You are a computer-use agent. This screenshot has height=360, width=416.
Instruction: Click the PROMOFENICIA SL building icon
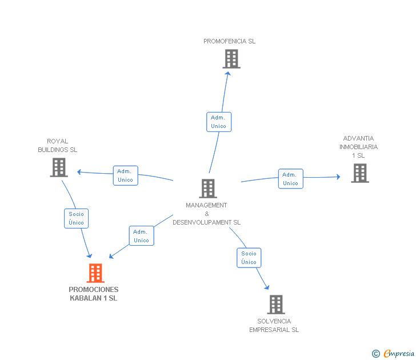(231, 59)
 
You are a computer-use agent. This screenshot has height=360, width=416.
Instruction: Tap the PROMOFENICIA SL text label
(230, 41)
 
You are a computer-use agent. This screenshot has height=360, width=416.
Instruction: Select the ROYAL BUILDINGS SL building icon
(59, 167)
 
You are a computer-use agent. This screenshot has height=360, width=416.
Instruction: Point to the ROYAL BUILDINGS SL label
(58, 145)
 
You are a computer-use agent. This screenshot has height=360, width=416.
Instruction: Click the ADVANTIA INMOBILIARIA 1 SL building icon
(360, 173)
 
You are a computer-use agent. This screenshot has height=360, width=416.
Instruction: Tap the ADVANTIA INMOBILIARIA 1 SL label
(359, 147)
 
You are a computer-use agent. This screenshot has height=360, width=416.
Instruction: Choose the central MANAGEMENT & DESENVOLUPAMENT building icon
(208, 189)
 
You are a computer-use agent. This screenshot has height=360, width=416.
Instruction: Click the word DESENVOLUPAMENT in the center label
(202, 222)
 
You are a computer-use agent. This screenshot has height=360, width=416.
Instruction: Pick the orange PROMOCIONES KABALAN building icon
(95, 273)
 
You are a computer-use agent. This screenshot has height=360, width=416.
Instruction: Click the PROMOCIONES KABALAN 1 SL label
(93, 294)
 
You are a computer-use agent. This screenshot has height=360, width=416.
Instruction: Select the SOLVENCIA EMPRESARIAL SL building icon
(276, 305)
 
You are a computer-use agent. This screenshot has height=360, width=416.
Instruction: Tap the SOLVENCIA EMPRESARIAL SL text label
(274, 326)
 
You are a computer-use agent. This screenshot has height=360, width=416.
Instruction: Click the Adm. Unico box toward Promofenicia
(219, 122)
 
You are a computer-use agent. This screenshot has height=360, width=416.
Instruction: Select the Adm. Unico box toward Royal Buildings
(126, 175)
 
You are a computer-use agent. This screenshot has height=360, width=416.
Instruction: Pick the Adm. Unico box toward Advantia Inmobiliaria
(291, 179)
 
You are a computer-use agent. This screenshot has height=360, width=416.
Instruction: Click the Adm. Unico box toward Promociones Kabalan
(141, 236)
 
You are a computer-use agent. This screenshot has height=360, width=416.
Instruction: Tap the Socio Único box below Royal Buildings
(77, 219)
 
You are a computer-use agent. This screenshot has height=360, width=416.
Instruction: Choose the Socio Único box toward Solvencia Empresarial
(249, 258)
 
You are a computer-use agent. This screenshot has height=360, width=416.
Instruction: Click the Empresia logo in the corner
(393, 354)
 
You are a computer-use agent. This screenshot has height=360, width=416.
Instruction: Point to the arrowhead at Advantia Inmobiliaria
(338, 177)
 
